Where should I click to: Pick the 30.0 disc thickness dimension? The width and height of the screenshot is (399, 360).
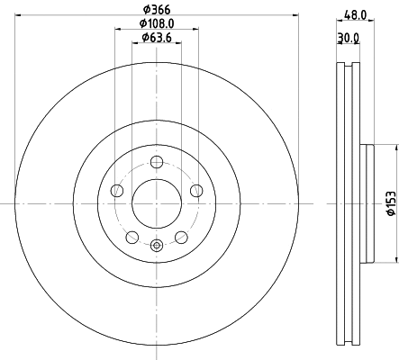click(x=348, y=38)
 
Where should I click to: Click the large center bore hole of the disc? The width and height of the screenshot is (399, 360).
click(x=157, y=203)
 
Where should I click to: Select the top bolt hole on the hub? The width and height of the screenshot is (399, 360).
click(x=157, y=162)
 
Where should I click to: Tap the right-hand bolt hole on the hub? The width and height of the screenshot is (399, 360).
click(x=196, y=190)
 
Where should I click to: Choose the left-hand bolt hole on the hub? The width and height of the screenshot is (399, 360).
click(x=117, y=190)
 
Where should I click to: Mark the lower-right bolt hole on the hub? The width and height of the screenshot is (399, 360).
click(x=181, y=237)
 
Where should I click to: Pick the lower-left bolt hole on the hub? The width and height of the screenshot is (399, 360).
click(x=132, y=237)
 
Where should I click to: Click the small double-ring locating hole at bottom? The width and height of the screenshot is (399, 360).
click(x=157, y=244)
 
